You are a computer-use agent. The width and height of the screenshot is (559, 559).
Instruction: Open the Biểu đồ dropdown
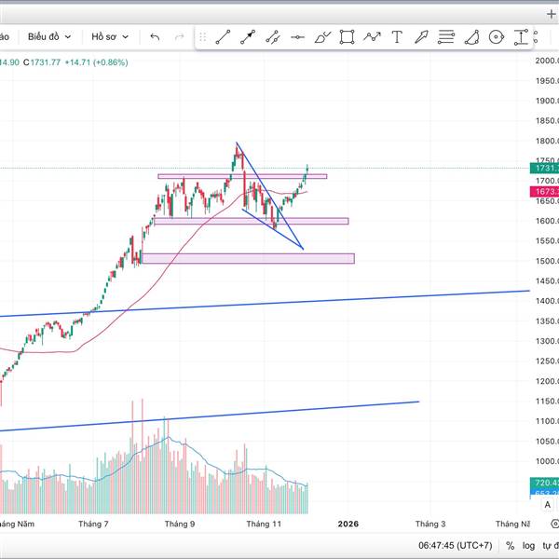pyautogui.click(x=48, y=36)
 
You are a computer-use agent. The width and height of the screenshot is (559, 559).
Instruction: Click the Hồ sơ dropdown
pyautogui.click(x=110, y=36)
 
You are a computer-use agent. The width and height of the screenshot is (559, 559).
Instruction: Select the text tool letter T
pyautogui.click(x=397, y=37)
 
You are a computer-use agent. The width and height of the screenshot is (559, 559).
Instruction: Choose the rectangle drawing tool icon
pyautogui.click(x=347, y=37)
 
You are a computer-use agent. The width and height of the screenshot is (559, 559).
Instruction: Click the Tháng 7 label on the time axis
pyautogui.click(x=93, y=525)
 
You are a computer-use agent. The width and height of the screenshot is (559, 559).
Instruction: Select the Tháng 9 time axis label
pyautogui.click(x=180, y=525)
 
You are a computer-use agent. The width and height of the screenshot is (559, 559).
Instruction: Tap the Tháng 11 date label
pyautogui.click(x=264, y=525)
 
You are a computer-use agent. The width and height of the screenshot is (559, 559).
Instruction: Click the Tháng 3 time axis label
pyautogui.click(x=429, y=525)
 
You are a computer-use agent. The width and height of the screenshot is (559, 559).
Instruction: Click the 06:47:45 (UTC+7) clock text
pyautogui.click(x=455, y=545)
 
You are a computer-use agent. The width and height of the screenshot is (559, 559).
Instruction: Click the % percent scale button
pyautogui.click(x=510, y=545)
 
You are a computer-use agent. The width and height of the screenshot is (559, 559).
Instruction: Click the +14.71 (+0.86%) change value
pyautogui.click(x=97, y=62)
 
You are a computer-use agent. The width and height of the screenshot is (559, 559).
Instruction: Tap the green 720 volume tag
pyautogui.click(x=546, y=483)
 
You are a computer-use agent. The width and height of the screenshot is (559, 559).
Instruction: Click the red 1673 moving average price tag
pyautogui.click(x=546, y=191)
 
